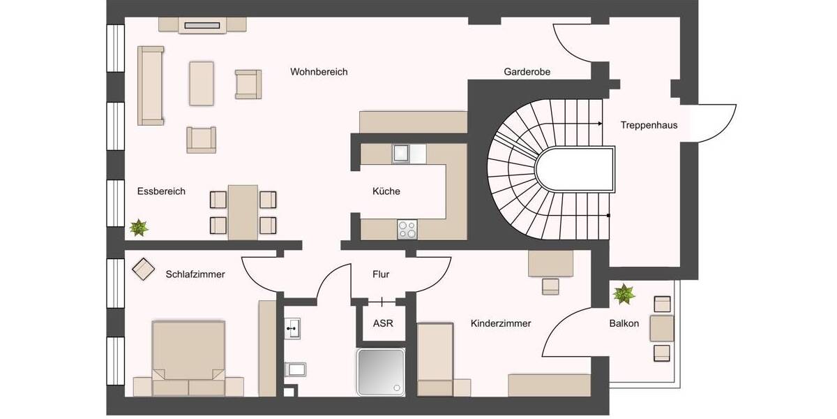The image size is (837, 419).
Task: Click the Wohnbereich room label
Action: click(319, 72)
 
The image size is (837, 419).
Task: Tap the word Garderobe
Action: click(527, 72)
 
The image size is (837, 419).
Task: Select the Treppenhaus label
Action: click(649, 126)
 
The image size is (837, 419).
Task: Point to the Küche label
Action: click(386, 191)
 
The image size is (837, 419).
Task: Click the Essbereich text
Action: click(161, 191)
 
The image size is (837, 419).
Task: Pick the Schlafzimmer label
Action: click(195, 274)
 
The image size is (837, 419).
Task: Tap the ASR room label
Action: click(383, 323)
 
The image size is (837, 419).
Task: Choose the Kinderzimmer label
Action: click(501, 323)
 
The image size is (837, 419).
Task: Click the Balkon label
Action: click(624, 323)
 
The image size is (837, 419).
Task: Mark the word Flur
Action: click(381, 274)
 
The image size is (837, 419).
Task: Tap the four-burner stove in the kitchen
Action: click(407, 228)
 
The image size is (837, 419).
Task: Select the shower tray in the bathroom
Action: click(381, 372)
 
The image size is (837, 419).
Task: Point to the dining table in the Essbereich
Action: click(243, 211)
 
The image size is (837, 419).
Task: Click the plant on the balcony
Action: click(623, 294)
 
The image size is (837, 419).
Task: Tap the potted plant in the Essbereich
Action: click(139, 228)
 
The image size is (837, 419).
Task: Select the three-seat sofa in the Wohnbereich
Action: click(151, 86)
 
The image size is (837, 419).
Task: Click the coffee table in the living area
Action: click(202, 83)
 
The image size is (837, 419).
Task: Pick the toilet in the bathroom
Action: click(294, 369)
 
